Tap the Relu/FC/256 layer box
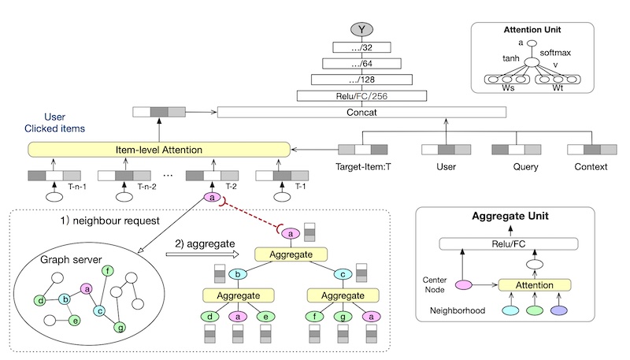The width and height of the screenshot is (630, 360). pyautogui.click(x=362, y=96)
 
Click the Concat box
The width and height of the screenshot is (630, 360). pyautogui.click(x=362, y=113)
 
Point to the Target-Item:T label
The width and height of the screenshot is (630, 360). pyautogui.click(x=362, y=168)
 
